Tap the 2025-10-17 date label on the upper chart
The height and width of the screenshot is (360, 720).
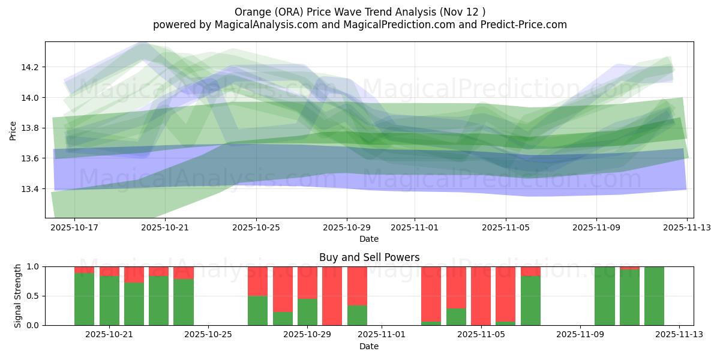point(74,228)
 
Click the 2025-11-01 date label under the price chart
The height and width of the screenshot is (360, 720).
point(414,228)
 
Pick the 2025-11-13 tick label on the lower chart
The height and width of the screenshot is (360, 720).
point(679,335)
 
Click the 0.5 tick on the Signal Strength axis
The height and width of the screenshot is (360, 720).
point(34,296)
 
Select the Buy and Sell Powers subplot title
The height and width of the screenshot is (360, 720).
point(369,257)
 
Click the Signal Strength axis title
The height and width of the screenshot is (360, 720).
point(18,296)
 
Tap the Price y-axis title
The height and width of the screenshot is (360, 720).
point(13,130)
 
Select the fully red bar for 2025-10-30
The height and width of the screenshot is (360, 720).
point(332,296)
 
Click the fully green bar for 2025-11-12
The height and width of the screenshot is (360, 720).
point(654,296)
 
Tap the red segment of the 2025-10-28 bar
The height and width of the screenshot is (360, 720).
point(283,288)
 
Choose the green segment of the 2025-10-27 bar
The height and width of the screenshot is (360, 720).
point(258,311)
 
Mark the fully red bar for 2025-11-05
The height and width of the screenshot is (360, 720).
point(481,296)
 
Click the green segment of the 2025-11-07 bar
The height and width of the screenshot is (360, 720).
point(530,301)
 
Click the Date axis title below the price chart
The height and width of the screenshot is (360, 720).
point(369,239)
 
